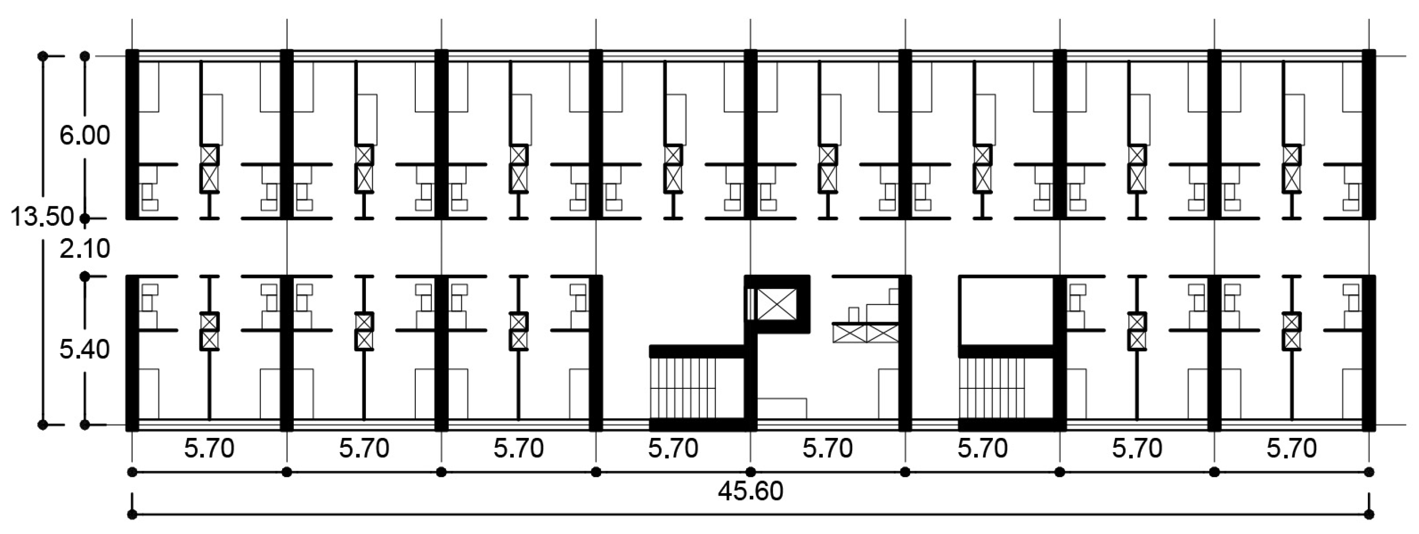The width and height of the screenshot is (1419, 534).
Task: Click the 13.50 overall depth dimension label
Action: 42,217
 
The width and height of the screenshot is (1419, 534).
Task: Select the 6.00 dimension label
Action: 85,136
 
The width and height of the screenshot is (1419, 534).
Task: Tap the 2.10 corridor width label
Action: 85,249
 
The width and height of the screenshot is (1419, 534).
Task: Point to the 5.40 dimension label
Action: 85,349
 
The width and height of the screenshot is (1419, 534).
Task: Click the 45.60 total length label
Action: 750,491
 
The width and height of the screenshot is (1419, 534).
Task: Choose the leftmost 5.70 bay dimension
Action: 209,448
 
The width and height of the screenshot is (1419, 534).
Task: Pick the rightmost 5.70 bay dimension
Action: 1292,448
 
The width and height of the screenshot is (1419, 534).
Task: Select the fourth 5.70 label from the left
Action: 673,448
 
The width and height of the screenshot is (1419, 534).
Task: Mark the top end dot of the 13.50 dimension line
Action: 42,56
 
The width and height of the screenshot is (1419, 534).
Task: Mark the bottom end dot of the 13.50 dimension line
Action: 42,425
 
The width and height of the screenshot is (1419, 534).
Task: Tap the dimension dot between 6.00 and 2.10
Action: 85,219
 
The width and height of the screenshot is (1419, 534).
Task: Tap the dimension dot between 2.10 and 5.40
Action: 85,276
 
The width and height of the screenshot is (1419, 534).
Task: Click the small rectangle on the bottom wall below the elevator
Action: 782,408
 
